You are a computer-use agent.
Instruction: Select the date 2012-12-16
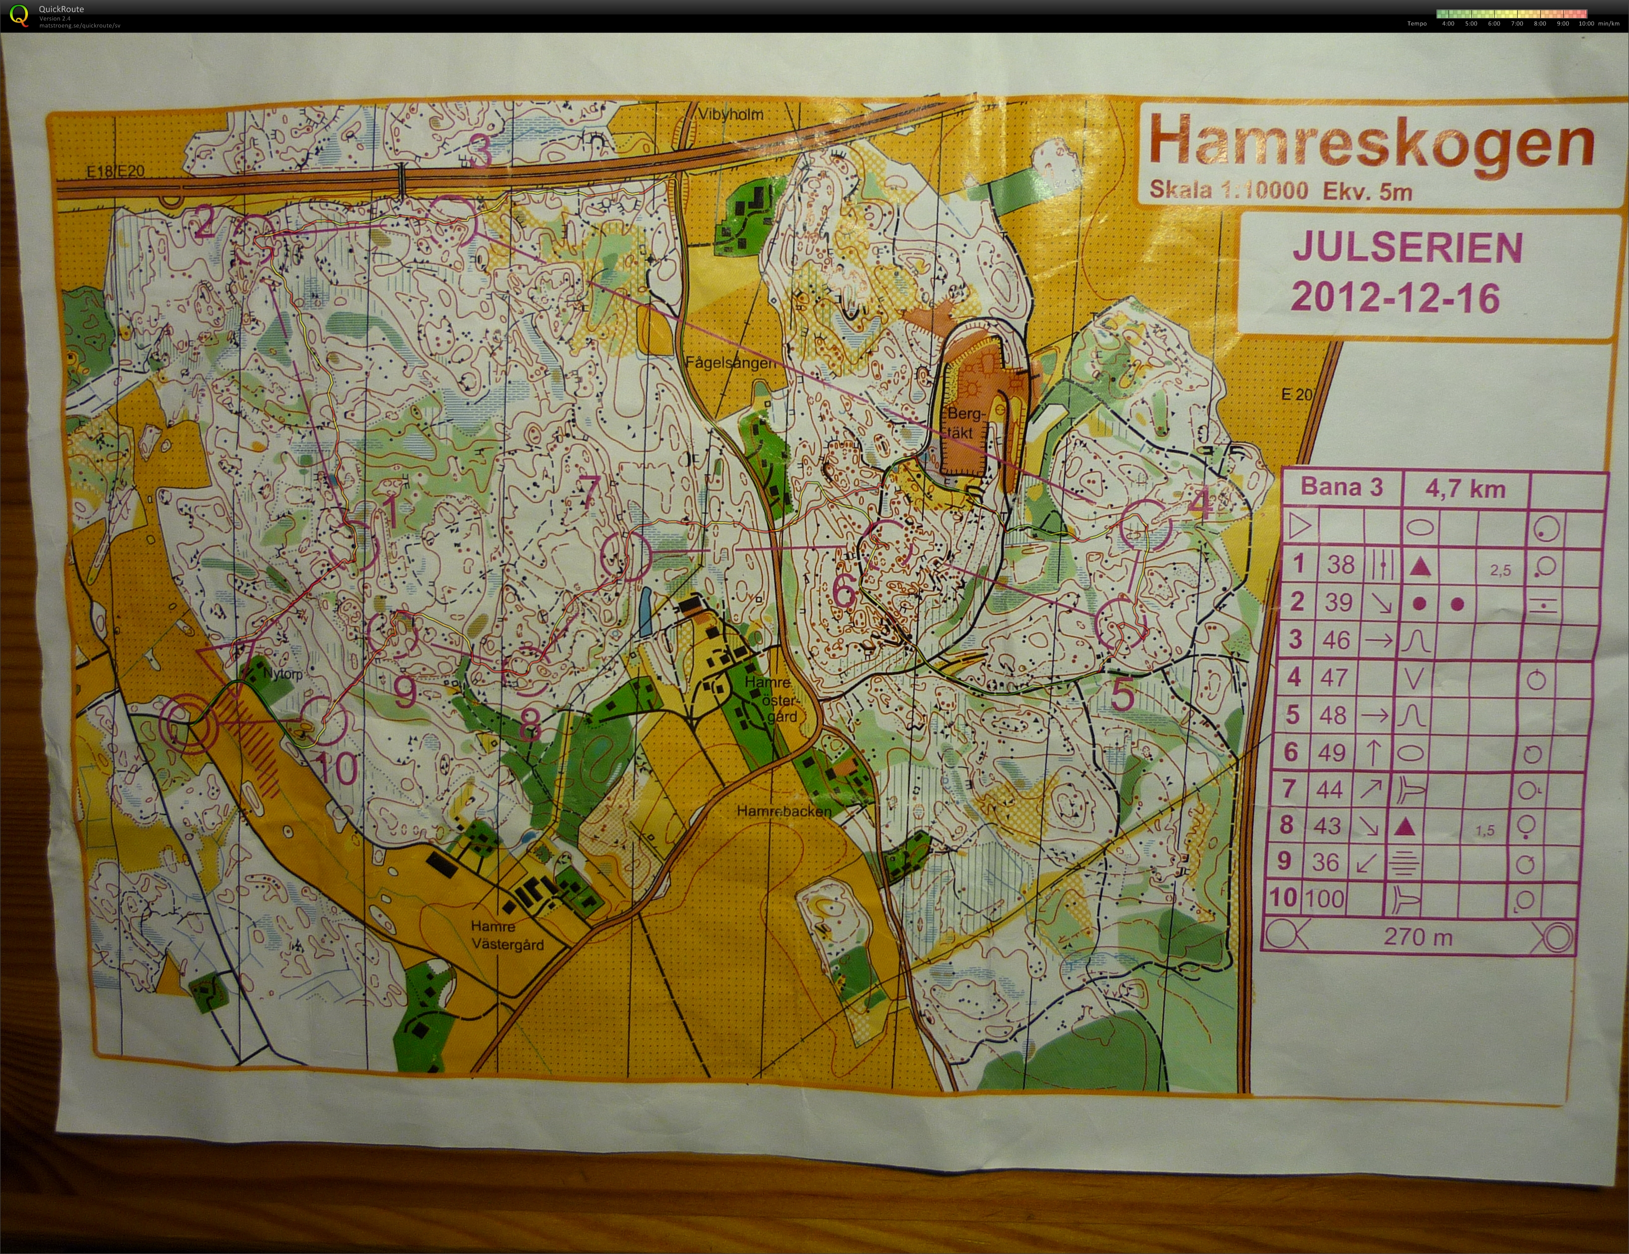coord(1395,298)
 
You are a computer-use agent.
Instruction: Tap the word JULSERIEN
coord(1407,247)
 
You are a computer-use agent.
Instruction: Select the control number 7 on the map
coord(589,492)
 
